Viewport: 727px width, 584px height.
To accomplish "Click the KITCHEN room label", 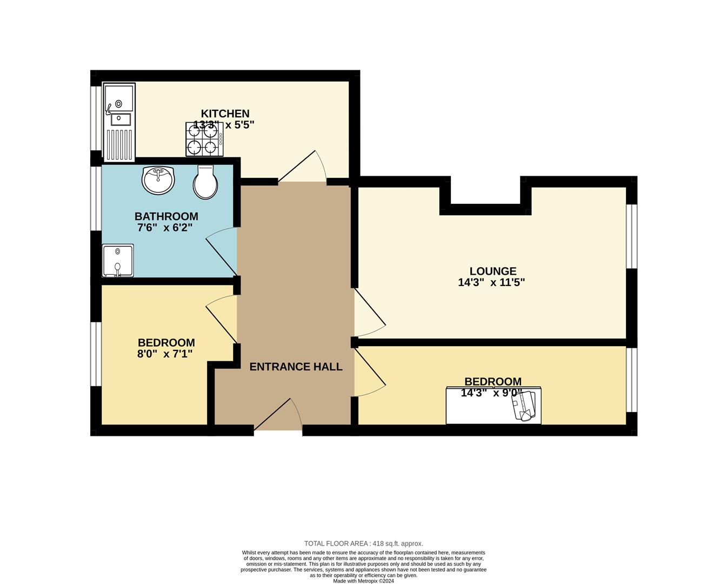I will [x=225, y=114].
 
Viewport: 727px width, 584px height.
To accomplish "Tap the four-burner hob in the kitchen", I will [x=204, y=139].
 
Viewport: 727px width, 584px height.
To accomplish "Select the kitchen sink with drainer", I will [x=118, y=123].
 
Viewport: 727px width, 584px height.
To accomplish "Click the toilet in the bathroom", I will [x=205, y=182].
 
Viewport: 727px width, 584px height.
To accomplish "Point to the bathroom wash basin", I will [x=158, y=180].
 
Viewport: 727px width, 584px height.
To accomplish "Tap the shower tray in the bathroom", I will [x=118, y=260].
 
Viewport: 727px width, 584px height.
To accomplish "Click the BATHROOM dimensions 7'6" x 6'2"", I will [x=166, y=228].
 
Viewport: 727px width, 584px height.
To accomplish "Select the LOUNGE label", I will [x=492, y=271].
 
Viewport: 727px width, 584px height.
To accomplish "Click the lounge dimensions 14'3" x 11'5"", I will [x=491, y=282].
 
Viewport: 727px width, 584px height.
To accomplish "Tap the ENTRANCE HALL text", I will [x=296, y=367].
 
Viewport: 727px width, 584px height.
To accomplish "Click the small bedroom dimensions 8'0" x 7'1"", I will [x=165, y=354].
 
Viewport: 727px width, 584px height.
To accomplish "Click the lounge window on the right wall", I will [x=631, y=236].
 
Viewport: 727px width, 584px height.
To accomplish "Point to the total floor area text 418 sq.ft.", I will [x=363, y=543].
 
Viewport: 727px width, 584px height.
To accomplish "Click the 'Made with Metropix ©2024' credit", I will [x=363, y=581].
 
